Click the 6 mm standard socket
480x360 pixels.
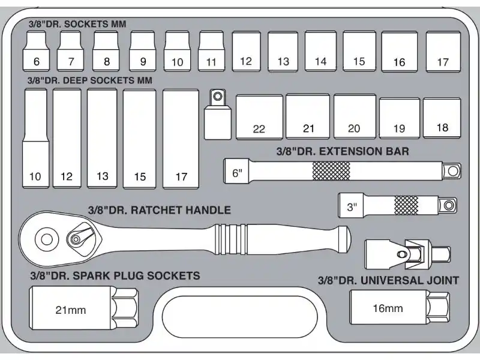tap(36, 51)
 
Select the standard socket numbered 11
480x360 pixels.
tap(211, 51)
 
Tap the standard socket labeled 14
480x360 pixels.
tap(320, 51)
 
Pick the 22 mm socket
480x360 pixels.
tap(259, 117)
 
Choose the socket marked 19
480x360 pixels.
tap(400, 118)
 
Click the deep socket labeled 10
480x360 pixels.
tap(35, 139)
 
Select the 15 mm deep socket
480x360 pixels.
tap(139, 139)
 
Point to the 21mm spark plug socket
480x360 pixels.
tap(84, 308)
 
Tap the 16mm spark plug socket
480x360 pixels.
tap(400, 307)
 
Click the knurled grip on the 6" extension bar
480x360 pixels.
tap(331, 171)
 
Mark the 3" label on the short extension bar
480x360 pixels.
tap(352, 207)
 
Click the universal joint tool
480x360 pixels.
tap(407, 254)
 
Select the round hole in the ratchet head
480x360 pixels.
tap(47, 239)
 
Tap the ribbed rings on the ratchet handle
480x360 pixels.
tap(231, 239)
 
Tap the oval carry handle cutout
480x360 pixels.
tap(239, 316)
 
